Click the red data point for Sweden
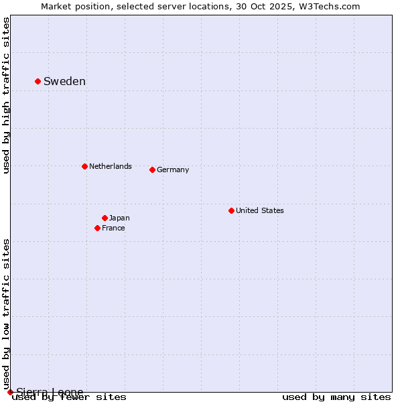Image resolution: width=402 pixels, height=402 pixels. pyautogui.click(x=38, y=81)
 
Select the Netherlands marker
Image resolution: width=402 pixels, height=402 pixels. pyautogui.click(x=84, y=166)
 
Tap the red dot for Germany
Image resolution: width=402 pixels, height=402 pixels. pyautogui.click(x=152, y=170)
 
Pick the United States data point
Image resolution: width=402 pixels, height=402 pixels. pyautogui.click(x=231, y=210)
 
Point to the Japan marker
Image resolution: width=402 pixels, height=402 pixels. pyautogui.click(x=105, y=218)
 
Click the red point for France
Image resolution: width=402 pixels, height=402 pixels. pyautogui.click(x=97, y=228)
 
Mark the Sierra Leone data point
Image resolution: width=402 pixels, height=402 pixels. pyautogui.click(x=10, y=392)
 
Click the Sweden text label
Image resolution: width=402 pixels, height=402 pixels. pyautogui.click(x=64, y=82)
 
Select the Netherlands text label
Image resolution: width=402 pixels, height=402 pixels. pyautogui.click(x=111, y=166)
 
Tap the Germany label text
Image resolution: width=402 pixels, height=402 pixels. pyautogui.click(x=173, y=170)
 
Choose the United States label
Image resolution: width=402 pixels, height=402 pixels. pyautogui.click(x=260, y=210)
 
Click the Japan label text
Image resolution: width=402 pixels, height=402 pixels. pyautogui.click(x=119, y=218)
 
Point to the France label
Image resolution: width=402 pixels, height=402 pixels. pyautogui.click(x=113, y=228)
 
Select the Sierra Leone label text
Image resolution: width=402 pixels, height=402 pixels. pyautogui.click(x=50, y=392)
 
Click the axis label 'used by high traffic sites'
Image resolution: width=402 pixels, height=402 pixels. pyautogui.click(x=7, y=95)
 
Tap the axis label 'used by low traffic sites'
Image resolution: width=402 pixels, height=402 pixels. pyautogui.click(x=7, y=314)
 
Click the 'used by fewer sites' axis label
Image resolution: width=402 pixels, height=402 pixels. pyautogui.click(x=69, y=397)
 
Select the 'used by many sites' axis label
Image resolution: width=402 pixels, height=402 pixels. pyautogui.click(x=336, y=397)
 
